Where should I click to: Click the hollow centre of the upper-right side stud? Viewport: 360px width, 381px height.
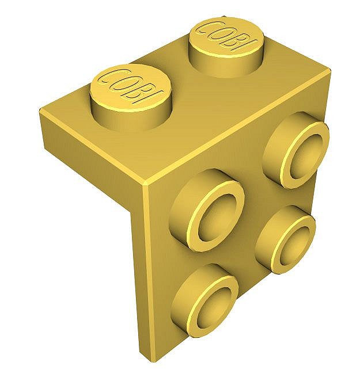[x=303, y=155]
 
